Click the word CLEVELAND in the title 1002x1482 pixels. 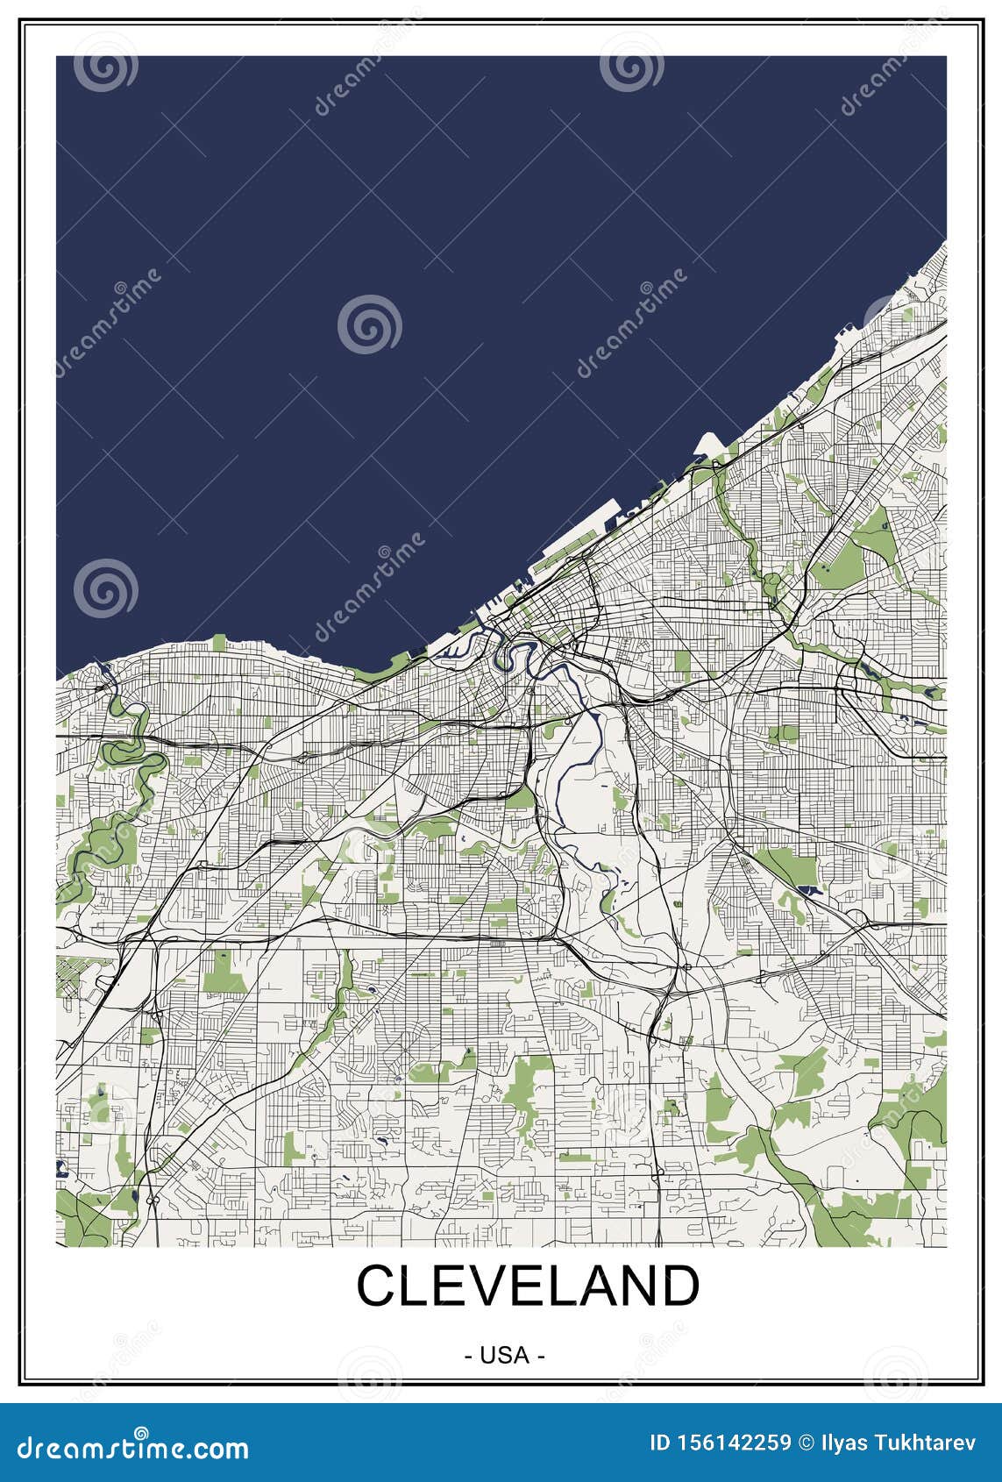[x=528, y=1286]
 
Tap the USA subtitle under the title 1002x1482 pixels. [x=504, y=1356]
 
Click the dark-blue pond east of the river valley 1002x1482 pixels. [x=810, y=890]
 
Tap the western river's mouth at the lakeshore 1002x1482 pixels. [x=104, y=670]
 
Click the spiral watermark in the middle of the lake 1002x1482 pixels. [x=370, y=324]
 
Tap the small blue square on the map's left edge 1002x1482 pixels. [x=61, y=1167]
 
